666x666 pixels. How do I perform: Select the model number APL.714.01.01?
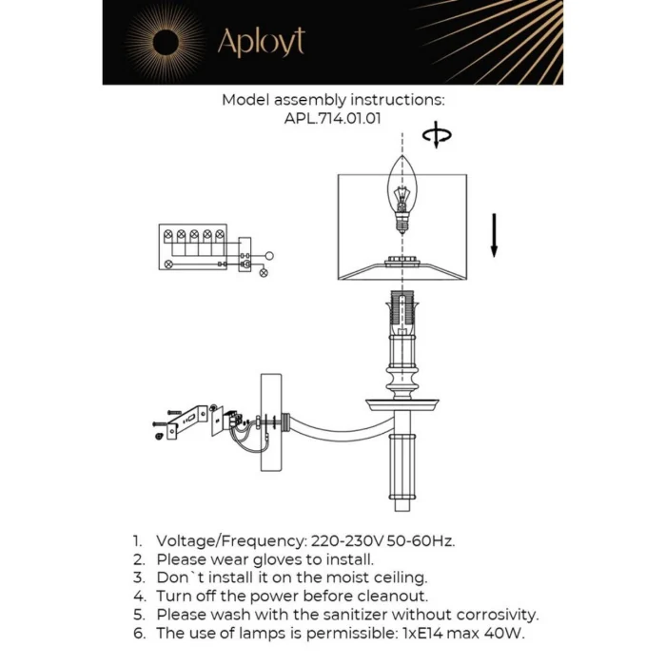333,119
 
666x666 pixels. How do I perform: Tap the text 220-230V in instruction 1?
339,541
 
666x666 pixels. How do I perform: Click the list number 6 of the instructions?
138,633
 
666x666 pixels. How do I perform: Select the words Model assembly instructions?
333,100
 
